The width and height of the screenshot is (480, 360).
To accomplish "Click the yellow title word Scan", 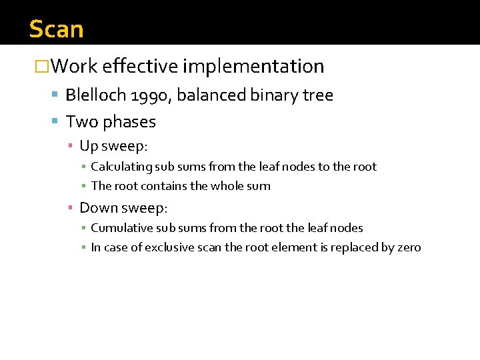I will (x=57, y=29).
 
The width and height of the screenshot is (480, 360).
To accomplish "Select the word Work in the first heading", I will (x=74, y=67).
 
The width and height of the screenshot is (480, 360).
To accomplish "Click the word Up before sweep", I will (x=88, y=146).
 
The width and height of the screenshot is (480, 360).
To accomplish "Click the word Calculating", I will (x=120, y=167).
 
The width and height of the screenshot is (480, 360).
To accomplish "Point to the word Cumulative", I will (x=119, y=228).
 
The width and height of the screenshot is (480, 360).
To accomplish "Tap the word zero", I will (x=407, y=248).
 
